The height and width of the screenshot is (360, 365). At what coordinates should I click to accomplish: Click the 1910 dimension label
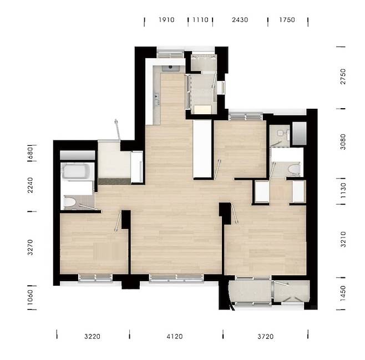pos(166,20)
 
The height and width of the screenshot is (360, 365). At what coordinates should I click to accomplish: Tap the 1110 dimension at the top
pos(200,20)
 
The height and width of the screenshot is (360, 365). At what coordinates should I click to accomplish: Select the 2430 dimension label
pos(240,20)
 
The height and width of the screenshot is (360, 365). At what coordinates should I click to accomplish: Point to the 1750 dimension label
pos(287,20)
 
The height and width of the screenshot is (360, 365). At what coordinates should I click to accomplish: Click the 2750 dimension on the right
pos(343,77)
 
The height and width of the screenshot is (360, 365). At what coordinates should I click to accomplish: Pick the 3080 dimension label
pos(343,141)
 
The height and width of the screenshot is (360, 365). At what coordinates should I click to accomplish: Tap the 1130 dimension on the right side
pos(343,191)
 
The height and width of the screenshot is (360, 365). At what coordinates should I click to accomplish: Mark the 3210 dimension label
pos(343,240)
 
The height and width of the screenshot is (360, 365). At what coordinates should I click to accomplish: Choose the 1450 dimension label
pos(343,293)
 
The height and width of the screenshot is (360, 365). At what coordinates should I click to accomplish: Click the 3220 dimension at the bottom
pos(93,337)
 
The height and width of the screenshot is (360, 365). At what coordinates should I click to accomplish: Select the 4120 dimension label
pos(175,337)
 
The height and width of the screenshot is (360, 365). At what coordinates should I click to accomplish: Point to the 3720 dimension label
pos(266,337)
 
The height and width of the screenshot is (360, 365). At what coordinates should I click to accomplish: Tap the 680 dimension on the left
pos(31,153)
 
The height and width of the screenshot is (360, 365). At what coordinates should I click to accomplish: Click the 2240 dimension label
pos(31,185)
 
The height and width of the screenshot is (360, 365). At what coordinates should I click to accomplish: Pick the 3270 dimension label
pos(31,247)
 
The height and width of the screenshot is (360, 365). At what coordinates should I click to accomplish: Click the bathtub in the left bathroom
pos(77,171)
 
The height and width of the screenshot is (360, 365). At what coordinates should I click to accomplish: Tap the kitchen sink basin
pos(171,68)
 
